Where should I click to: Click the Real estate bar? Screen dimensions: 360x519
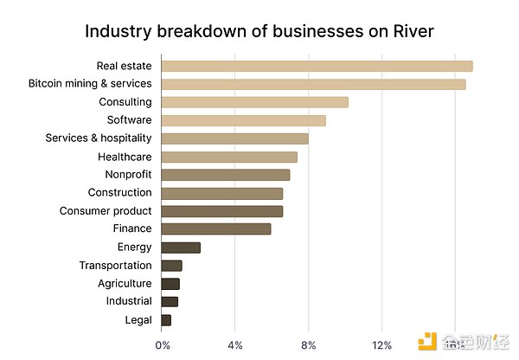coord(317,66)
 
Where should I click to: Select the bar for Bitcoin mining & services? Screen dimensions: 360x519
coord(313,84)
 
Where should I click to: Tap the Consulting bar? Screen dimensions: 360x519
coord(254,102)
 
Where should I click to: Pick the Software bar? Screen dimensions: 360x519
coord(243,120)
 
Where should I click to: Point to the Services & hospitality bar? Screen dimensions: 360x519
coord(234,138)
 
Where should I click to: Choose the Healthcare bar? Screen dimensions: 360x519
coord(229,157)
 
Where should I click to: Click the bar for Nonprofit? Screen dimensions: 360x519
coord(225,175)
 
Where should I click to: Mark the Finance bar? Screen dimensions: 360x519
coord(216,228)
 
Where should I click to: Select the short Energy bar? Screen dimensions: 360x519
coord(181,247)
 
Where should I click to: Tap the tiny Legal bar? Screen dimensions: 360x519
coord(166,320)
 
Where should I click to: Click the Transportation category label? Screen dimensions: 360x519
coord(115,266)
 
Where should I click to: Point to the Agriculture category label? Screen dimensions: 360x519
coord(125,284)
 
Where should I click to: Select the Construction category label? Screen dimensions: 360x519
coord(119,193)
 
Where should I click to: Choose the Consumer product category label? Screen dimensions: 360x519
coord(106,211)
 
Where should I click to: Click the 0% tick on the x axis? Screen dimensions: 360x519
coord(163,345)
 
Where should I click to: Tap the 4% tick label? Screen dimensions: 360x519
coord(235,345)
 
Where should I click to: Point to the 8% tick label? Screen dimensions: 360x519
coord(309,345)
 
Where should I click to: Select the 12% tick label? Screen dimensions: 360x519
coord(381,345)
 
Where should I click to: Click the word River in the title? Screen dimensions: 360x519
coord(413,32)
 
